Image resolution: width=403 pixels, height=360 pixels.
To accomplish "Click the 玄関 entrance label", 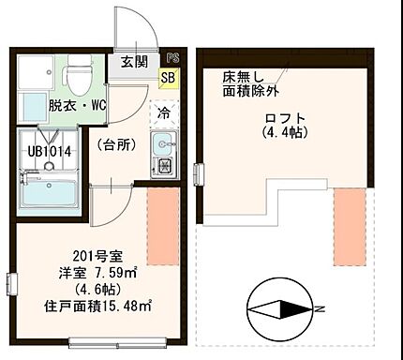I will [x=133, y=62].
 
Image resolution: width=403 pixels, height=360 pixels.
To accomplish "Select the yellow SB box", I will [x=170, y=78].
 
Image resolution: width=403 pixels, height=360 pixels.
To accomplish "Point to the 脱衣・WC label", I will [x=79, y=106].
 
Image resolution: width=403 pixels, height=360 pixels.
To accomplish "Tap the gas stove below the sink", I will [x=164, y=168].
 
